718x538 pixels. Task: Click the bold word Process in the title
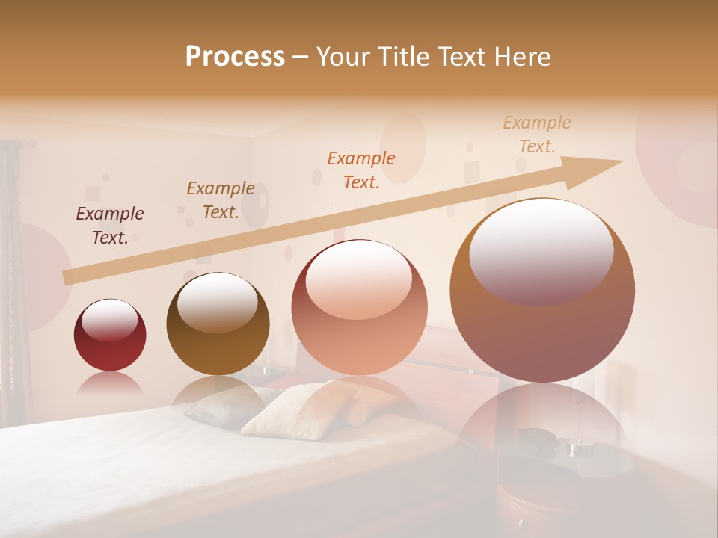click(235, 57)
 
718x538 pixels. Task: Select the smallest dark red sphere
click(110, 336)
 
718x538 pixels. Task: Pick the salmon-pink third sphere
click(359, 308)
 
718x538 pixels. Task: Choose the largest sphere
click(542, 291)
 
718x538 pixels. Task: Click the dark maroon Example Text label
click(110, 226)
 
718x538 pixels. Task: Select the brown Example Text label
click(221, 200)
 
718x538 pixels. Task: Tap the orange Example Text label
click(361, 170)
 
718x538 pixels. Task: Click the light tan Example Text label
click(536, 134)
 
